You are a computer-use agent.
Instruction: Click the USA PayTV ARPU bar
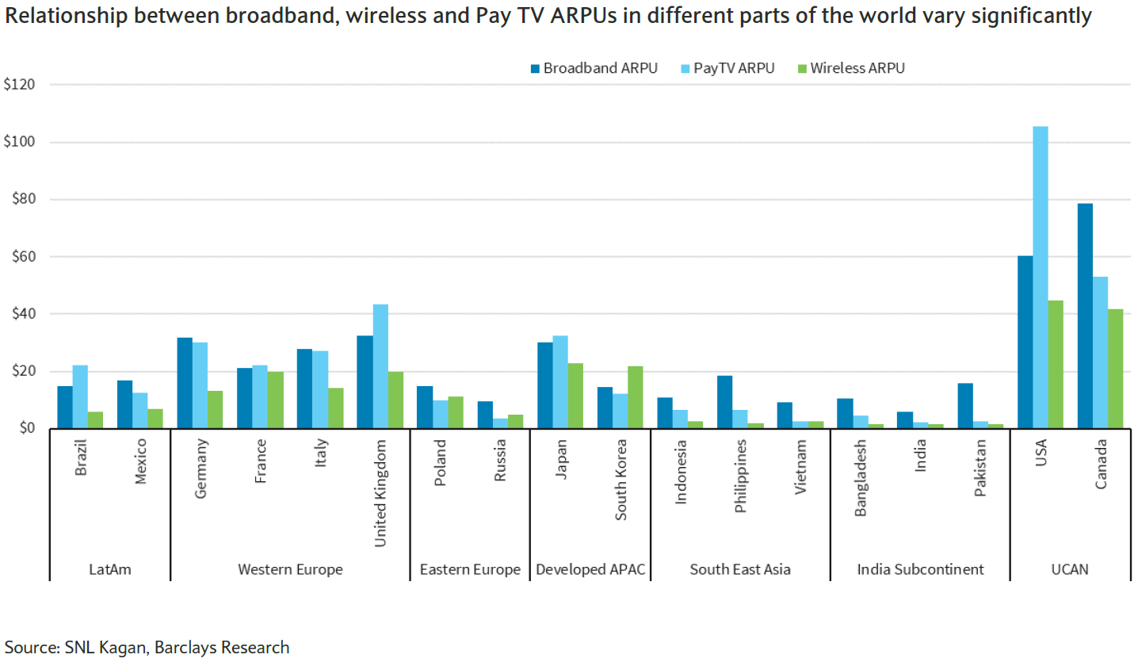tap(1040, 277)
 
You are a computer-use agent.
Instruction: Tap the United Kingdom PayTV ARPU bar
tap(380, 366)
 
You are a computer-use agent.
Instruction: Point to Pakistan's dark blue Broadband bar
tap(965, 406)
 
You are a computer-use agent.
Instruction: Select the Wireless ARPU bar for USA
tap(1056, 365)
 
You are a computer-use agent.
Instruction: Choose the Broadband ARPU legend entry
tap(594, 68)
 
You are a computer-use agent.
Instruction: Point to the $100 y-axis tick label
tap(20, 142)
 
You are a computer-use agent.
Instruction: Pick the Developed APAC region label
tap(590, 569)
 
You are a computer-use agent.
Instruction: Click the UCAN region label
tap(1071, 569)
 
